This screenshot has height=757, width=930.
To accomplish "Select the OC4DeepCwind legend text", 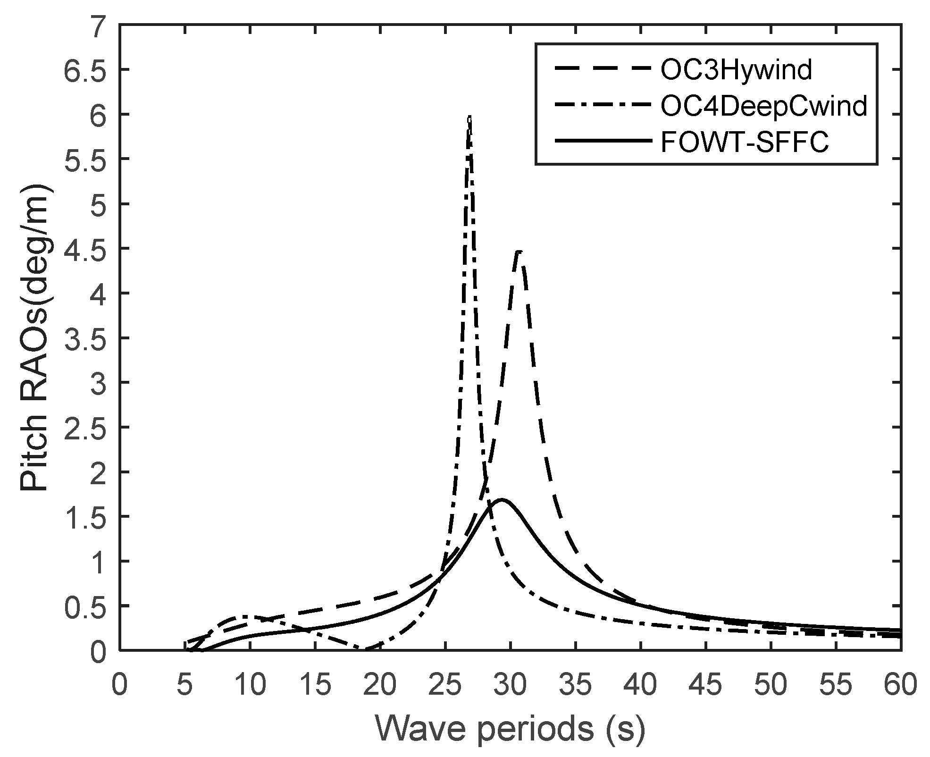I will point(763,107).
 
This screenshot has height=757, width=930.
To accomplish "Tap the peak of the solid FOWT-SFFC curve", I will point(502,499).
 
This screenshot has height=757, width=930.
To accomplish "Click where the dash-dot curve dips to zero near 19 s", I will point(366,648).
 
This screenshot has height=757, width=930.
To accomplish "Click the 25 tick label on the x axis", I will point(445,685).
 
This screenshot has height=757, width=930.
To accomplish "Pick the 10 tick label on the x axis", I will point(250,685).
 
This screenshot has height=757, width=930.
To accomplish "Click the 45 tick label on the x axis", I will point(706,685).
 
